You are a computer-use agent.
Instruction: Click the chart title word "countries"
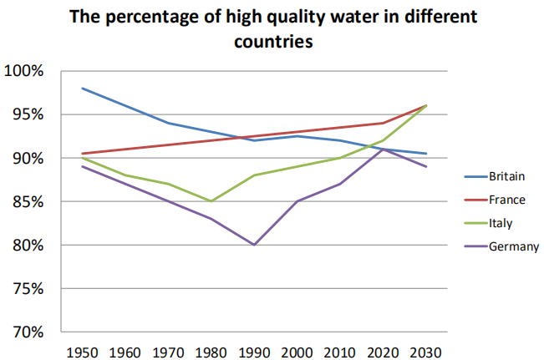pos(272,42)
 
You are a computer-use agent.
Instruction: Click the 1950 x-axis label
pos(83,351)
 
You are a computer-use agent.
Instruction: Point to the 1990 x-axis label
pos(254,351)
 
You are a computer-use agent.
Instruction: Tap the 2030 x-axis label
pos(426,351)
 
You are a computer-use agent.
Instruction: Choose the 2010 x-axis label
pos(340,351)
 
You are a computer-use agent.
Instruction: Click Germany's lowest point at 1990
pos(254,245)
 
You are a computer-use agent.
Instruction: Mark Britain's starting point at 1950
pos(83,88)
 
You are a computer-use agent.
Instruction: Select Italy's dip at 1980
pos(211,201)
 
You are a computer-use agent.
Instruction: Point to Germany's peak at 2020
pos(384,149)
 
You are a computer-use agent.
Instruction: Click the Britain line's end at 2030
pos(426,154)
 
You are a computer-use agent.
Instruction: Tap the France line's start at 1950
pos(83,154)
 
